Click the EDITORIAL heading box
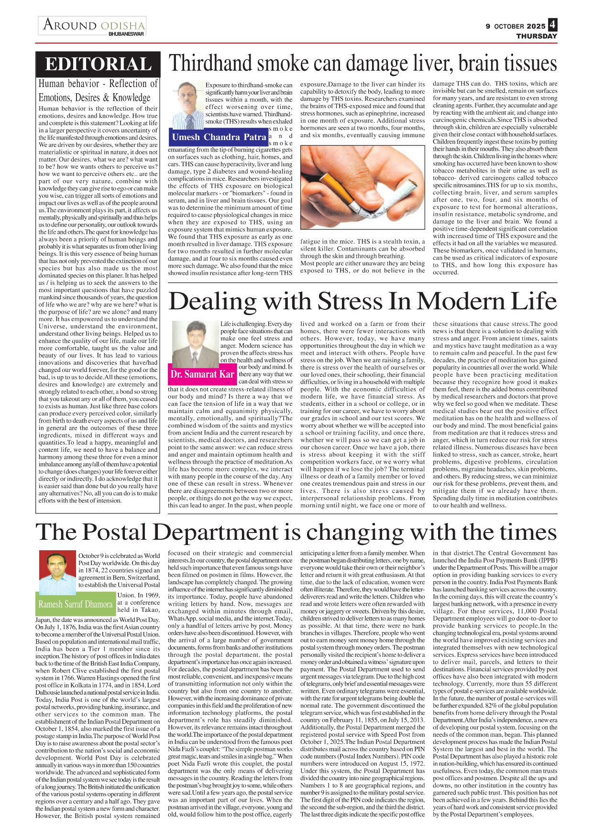(98, 64)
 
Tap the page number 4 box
(552, 24)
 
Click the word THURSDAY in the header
(537, 36)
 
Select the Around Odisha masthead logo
(93, 26)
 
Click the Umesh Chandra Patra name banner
(218, 137)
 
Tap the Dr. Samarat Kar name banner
(202, 374)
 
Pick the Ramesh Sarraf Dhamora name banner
(76, 604)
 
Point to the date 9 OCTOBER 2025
(515, 26)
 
